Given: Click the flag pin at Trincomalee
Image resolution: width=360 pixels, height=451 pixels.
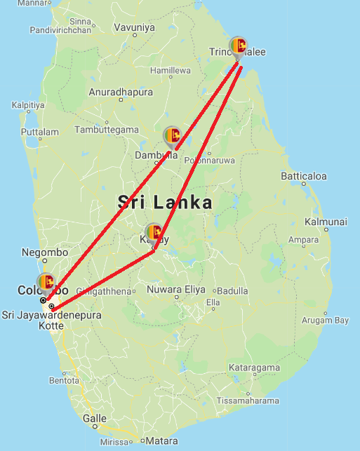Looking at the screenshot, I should (239, 47).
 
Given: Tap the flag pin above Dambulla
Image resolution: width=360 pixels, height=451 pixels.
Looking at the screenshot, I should (172, 136).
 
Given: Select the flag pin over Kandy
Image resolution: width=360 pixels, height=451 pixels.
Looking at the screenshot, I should (154, 232).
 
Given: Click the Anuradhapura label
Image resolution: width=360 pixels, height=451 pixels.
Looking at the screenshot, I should (121, 92).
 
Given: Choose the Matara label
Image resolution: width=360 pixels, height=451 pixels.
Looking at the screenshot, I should (161, 441).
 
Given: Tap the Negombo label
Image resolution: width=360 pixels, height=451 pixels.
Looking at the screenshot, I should (45, 252).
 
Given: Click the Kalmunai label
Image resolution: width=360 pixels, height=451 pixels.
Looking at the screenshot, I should (326, 222).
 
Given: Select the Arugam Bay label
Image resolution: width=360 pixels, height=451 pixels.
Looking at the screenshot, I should (325, 321).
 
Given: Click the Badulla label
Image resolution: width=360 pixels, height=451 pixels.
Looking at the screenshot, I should (232, 291).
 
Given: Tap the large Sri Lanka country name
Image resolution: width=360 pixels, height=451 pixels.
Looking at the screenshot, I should (165, 203).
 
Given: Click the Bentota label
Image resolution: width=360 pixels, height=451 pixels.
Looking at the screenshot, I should (65, 381).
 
